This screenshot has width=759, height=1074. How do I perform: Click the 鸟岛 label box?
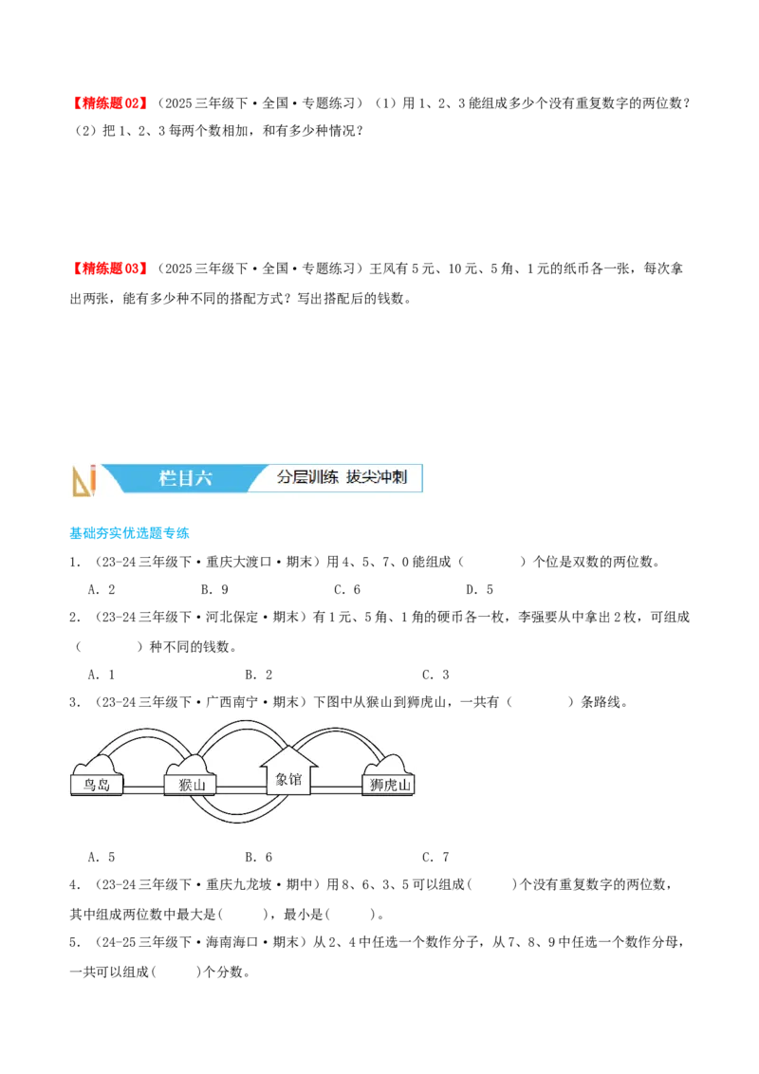pos(97,786)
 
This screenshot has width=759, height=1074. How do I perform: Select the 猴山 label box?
pos(191,786)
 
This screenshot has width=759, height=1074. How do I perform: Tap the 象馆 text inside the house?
pos(288,780)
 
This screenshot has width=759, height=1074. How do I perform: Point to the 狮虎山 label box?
pos(390,786)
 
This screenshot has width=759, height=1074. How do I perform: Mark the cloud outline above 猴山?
pos(190,764)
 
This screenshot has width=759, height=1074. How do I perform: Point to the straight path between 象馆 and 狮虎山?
pos(337,788)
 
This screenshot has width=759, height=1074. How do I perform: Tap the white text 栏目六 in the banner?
pos(185,478)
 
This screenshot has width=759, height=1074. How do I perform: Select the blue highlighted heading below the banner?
pos(129,535)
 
